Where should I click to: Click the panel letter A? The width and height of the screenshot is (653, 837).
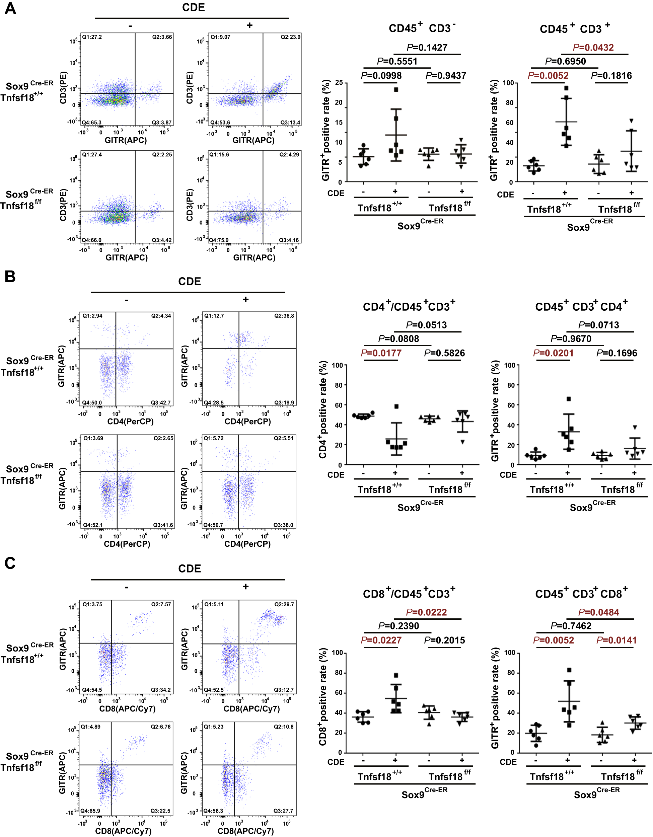click(10, 8)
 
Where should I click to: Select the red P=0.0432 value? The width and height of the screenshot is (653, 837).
click(593, 48)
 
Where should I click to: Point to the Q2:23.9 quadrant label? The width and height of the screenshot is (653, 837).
click(290, 37)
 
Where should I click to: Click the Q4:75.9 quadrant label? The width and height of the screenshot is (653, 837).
click(219, 240)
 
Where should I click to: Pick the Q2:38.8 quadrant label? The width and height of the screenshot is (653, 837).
click(284, 316)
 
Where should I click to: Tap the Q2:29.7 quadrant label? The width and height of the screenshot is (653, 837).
click(284, 604)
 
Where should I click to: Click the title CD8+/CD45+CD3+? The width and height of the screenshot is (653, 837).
click(409, 594)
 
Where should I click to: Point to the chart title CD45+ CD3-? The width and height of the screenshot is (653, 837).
click(422, 28)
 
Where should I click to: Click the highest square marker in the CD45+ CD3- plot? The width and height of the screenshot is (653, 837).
click(396, 90)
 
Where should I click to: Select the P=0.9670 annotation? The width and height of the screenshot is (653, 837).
click(571, 339)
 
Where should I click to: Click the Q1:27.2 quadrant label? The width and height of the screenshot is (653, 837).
click(92, 37)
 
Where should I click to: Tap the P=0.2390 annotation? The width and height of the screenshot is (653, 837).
click(398, 626)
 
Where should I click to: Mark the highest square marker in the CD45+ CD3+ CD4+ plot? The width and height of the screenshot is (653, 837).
click(569, 399)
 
